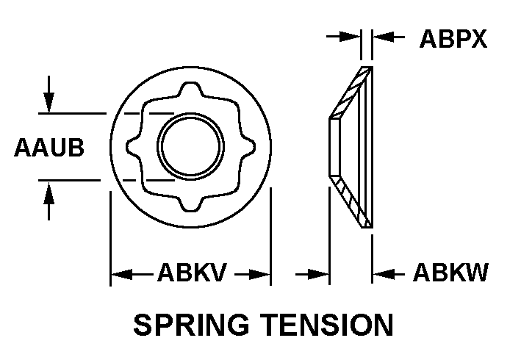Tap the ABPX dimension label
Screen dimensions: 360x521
[x=453, y=38]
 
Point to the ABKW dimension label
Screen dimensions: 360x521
[x=450, y=274]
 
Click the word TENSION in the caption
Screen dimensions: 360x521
[x=330, y=324]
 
